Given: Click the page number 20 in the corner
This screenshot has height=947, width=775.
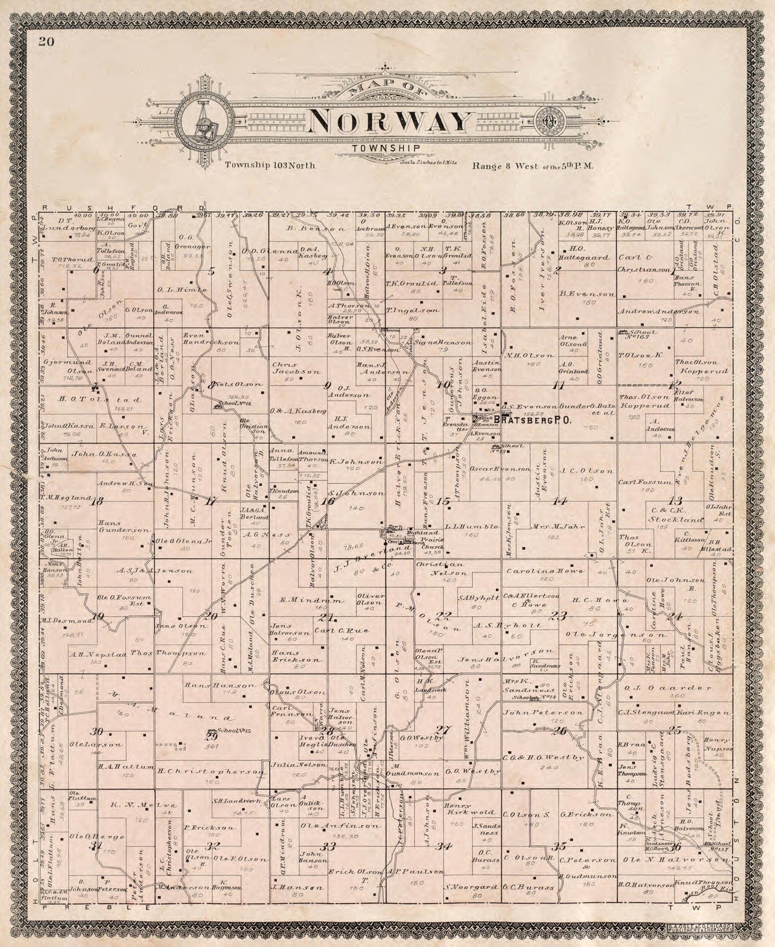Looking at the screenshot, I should click(46, 42).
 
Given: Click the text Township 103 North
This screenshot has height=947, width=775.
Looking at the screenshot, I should click(270, 165).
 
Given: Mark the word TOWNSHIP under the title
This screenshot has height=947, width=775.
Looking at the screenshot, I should click(385, 149).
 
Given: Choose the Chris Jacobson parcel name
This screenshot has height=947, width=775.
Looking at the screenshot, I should click(296, 368).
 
